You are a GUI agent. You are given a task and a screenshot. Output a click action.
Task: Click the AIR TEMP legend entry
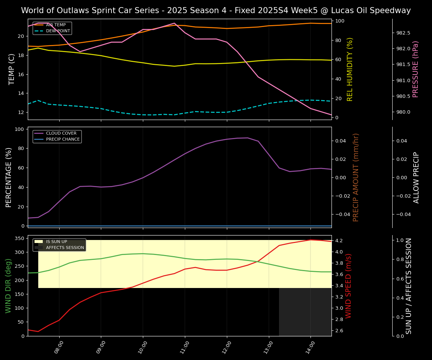(x=55, y=25)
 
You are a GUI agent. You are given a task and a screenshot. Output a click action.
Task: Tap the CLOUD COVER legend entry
(x=61, y=133)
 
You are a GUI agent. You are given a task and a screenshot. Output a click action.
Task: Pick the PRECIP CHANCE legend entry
(x=63, y=139)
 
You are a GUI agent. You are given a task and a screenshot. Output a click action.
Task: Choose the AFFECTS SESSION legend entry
(x=65, y=247)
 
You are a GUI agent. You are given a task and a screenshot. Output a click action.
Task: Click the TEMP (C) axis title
(x=12, y=69)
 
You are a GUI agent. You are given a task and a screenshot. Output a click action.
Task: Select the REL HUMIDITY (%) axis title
(x=350, y=69)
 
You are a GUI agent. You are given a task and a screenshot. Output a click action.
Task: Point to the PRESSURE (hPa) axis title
(x=415, y=69)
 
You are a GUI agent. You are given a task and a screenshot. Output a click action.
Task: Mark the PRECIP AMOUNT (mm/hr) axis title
(x=356, y=177)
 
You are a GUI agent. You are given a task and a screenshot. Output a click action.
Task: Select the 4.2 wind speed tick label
(x=339, y=240)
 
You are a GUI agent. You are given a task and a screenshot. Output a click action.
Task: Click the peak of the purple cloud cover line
(x=247, y=138)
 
